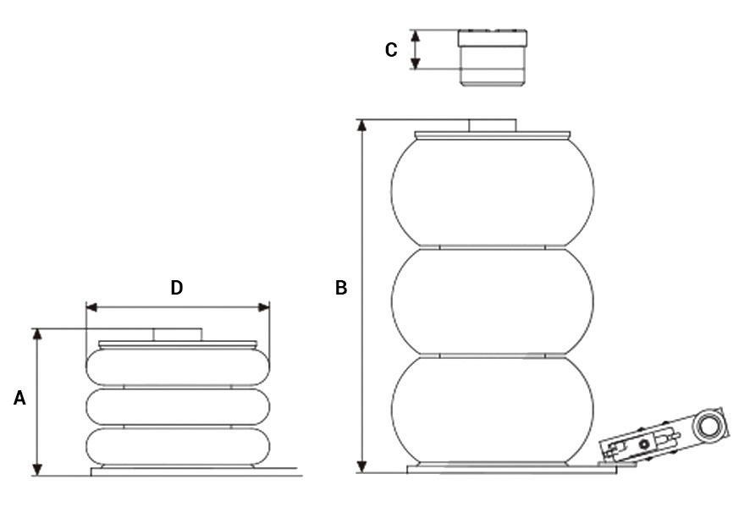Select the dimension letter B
coord(341,289)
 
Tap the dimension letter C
coord(390,51)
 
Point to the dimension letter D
coord(177,288)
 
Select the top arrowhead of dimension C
coord(416,35)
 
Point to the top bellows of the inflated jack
coord(492,191)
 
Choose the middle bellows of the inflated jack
coord(492,302)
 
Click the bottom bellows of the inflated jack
coord(492,410)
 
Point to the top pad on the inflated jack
coord(492,125)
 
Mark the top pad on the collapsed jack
coord(177,335)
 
